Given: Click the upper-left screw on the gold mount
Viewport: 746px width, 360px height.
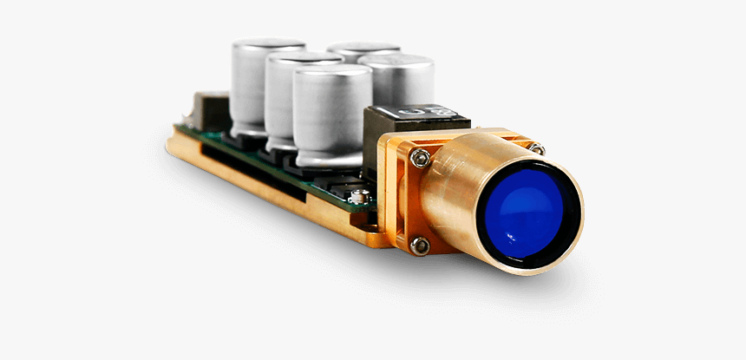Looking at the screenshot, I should pos(421,158).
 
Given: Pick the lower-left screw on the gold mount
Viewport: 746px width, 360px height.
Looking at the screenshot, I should pos(419,245).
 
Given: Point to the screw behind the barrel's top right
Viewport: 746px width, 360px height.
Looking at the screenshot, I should pos(537,149).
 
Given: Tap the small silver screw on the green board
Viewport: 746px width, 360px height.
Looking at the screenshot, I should pos(357,199).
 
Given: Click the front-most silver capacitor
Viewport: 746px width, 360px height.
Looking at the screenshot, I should pos(332,117).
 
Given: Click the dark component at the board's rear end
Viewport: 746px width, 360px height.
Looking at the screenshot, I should pos(208,108).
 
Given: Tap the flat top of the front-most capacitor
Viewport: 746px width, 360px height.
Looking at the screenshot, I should pos(332,73).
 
